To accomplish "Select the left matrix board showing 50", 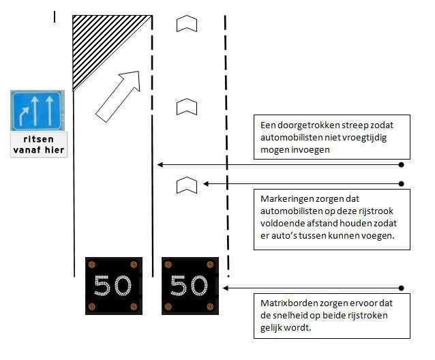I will pos(113,285).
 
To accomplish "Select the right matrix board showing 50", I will pos(190,285).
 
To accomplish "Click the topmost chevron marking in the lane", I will pos(187,24).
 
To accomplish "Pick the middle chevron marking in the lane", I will pos(187,106).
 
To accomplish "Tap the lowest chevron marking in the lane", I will pos(187,184).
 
